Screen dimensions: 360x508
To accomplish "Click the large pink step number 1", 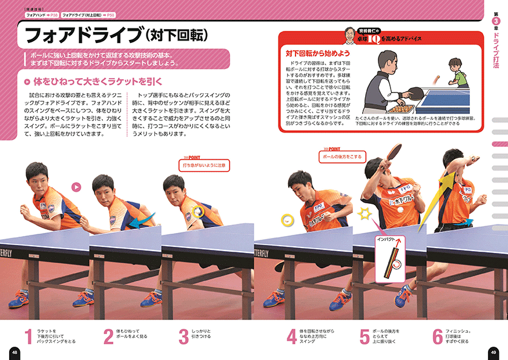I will click(x=28, y=336).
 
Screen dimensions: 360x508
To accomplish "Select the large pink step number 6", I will click(x=438, y=336).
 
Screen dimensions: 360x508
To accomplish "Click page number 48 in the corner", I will click(x=14, y=352).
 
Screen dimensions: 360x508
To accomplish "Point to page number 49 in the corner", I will click(x=494, y=352).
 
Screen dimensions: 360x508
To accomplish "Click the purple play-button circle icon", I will click(x=76, y=187).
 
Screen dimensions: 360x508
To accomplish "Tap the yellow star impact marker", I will click(x=364, y=213).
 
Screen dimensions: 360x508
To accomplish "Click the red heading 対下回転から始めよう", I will click(x=318, y=53).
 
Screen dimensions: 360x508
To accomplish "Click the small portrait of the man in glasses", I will click(x=349, y=34).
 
